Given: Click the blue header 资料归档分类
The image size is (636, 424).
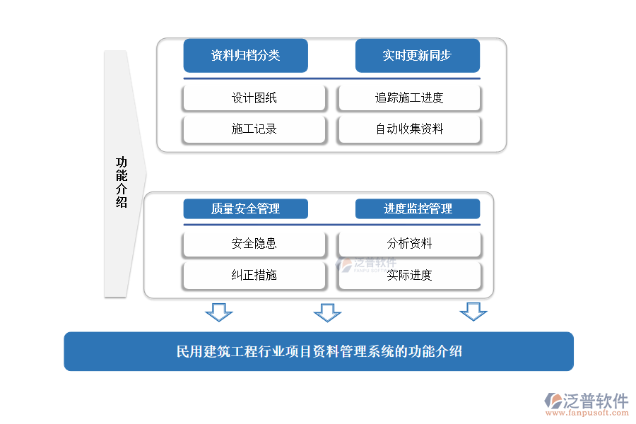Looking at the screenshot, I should pos(245,55).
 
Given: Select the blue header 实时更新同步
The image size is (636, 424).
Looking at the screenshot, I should pos(417,55).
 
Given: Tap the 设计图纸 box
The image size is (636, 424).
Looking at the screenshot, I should pos(254,98).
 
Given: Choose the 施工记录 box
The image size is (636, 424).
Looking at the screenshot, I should pos(254,129).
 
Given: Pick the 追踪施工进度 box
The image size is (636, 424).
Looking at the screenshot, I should pos(409,98).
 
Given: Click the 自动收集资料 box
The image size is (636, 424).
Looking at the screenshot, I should pos(409,129).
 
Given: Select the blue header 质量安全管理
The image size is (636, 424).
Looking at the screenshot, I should pos(245,208).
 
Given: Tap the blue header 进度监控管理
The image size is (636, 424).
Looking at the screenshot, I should pos(417,208).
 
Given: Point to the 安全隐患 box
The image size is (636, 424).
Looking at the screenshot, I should pos(254,244).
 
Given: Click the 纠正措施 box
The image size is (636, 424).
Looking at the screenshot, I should pos(254,275).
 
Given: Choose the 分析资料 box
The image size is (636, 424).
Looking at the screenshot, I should pos(409,244).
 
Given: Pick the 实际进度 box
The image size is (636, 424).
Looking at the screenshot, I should pos(409,275).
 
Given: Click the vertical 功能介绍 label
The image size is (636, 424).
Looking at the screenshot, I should pos(122,182).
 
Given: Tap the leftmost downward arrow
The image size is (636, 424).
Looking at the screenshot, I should pos(218,312).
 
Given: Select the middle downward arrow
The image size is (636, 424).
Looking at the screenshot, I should pos(327,312).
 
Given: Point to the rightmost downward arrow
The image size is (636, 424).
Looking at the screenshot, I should pos(473,311).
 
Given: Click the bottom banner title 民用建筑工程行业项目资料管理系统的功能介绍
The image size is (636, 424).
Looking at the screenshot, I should pos(319,351).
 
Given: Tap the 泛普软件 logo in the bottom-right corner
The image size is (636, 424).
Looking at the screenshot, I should pos(587,401).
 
